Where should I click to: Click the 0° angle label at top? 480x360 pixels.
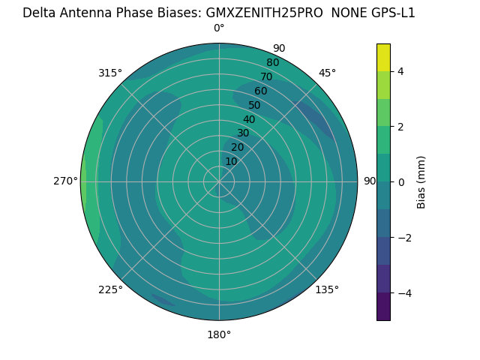[x=219, y=28]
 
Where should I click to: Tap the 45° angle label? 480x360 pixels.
[x=327, y=73]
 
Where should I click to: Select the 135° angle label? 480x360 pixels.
[x=327, y=289]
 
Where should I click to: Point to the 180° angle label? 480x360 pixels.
[x=219, y=334]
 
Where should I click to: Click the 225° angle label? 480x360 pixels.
[x=110, y=289]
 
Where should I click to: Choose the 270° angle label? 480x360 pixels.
[x=66, y=181]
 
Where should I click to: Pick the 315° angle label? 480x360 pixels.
[x=110, y=73]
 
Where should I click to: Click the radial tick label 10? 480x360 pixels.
[x=231, y=161]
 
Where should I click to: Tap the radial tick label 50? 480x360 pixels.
[x=255, y=106]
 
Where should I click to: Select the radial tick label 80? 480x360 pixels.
[x=273, y=63]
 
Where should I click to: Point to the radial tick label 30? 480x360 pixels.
[x=243, y=133]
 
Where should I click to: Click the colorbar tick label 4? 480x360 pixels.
[x=400, y=71]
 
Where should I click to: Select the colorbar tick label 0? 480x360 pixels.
[x=400, y=182]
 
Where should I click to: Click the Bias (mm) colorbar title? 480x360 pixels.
[x=421, y=182]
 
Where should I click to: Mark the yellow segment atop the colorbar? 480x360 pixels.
[x=383, y=57]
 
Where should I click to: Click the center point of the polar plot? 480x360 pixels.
[x=219, y=181]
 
